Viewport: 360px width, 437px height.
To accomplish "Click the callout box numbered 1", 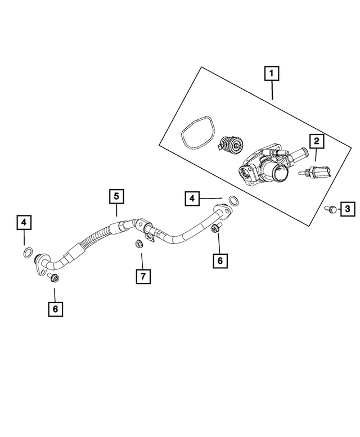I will pos(272,73).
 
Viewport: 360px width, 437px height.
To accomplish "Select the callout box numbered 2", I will pos(317,141).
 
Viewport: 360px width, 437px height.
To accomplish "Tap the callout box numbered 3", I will pos(347,209).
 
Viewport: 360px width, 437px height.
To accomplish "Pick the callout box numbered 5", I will pos(116,196).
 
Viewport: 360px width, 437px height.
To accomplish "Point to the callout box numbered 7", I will pos(143,276).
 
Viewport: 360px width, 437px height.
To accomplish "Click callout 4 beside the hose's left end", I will pos(24,223).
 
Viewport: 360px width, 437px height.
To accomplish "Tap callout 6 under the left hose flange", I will pos(55,308).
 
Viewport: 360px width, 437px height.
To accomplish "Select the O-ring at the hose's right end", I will pos(233,201).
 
